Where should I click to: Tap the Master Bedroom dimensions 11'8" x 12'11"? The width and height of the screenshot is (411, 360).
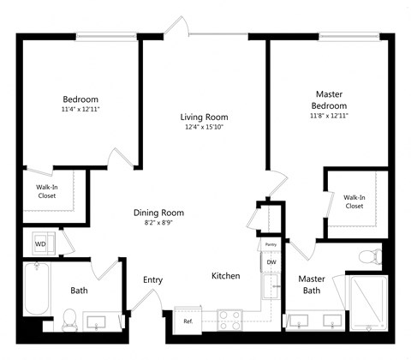click(x=330, y=115)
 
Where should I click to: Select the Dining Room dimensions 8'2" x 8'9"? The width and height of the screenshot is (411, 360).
click(x=158, y=223)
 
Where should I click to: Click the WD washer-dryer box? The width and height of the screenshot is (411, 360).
click(x=40, y=244)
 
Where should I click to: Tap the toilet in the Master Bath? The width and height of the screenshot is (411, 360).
click(x=370, y=255)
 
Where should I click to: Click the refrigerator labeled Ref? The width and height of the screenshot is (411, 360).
click(x=188, y=321)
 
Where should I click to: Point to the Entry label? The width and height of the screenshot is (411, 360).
click(x=153, y=279)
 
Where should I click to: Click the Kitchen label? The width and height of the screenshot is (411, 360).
click(x=226, y=276)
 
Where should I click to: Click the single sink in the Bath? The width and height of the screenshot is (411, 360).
click(x=101, y=322)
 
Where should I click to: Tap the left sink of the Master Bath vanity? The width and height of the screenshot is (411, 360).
click(x=300, y=322)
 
